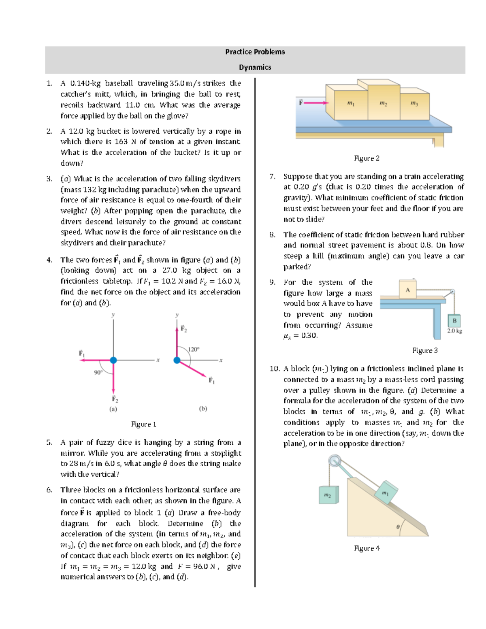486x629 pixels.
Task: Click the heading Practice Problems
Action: click(255, 52)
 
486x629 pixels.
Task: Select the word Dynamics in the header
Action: click(255, 67)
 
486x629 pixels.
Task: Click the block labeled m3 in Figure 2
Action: click(414, 104)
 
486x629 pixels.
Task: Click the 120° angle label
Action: click(194, 349)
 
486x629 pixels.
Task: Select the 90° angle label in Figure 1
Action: click(98, 372)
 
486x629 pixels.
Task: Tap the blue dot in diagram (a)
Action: click(113, 360)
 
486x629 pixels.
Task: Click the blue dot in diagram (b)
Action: click(177, 360)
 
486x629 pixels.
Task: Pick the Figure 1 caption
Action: click(143, 424)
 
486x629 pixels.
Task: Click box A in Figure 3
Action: click(407, 290)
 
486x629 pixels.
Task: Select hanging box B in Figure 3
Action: click(454, 321)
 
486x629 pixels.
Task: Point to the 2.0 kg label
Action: click(454, 331)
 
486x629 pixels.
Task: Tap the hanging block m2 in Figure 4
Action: click(328, 495)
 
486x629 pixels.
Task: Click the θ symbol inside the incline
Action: click(398, 527)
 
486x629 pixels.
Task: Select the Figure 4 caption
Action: click(367, 548)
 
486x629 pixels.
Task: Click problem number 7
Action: click(273, 176)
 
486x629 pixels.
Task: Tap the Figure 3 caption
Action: click(425, 350)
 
